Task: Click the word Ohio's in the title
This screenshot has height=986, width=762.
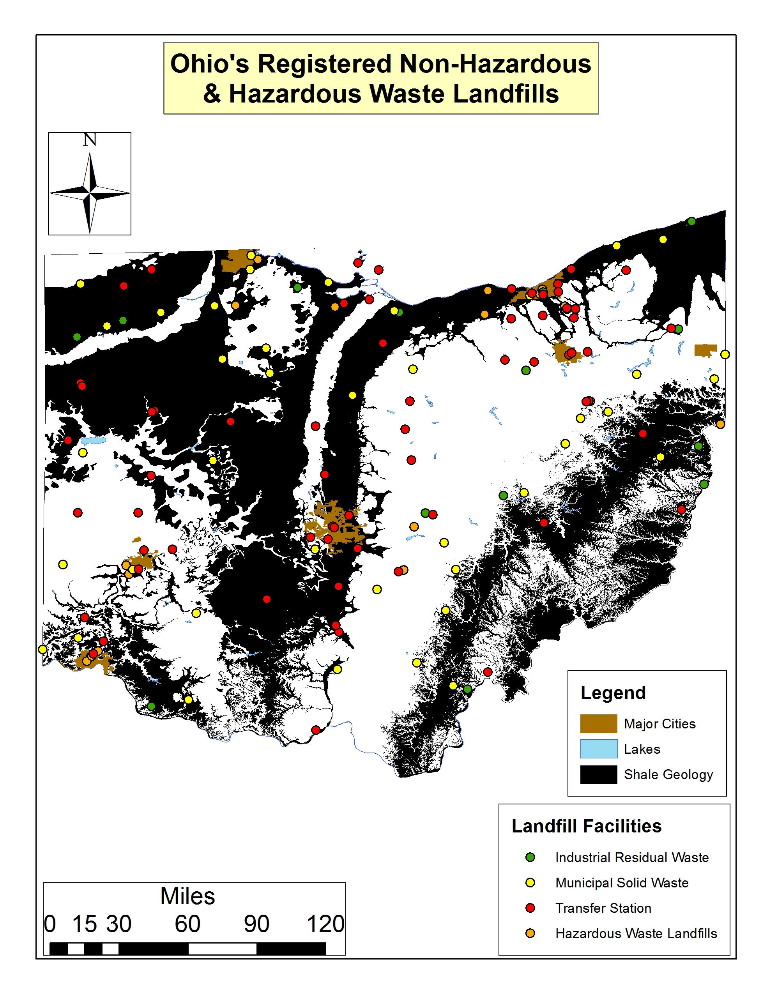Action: click(x=209, y=64)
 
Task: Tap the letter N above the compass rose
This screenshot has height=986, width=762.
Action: click(x=89, y=140)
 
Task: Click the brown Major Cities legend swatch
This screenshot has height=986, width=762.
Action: click(x=598, y=723)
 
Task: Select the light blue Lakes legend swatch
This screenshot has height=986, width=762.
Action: click(x=598, y=749)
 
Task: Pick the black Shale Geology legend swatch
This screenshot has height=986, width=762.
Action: click(x=598, y=774)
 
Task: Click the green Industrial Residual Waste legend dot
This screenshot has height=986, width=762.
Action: click(x=530, y=857)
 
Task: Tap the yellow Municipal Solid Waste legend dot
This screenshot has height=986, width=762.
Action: click(x=530, y=882)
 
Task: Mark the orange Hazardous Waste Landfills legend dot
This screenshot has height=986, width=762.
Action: click(x=530, y=933)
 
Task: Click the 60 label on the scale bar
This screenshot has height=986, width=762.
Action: click(x=187, y=924)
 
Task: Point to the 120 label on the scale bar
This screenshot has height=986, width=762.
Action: click(x=325, y=924)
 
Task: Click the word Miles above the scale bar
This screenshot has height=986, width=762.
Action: click(x=187, y=896)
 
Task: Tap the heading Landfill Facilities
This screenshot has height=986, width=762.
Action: click(x=586, y=826)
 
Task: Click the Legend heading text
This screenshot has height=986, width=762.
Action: click(x=613, y=693)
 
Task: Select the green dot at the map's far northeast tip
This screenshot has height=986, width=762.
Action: click(x=691, y=222)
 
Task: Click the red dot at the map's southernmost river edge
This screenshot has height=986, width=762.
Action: click(x=316, y=730)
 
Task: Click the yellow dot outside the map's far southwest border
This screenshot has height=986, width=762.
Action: click(x=42, y=649)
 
